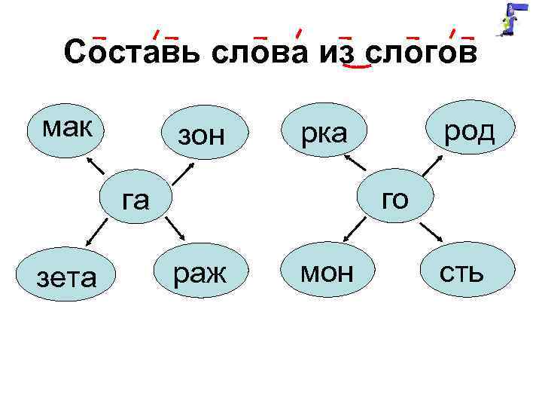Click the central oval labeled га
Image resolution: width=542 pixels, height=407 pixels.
click(135, 199)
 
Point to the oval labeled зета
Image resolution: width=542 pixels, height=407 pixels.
click(66, 274)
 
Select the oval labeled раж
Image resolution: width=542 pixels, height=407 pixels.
click(199, 272)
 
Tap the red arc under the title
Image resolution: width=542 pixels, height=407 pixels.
click(356, 67)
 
